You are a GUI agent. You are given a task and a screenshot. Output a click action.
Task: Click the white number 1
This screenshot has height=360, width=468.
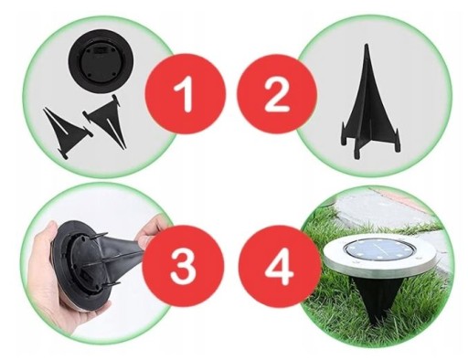coord(185,93)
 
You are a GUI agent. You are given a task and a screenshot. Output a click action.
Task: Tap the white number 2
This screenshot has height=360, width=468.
coord(277,93)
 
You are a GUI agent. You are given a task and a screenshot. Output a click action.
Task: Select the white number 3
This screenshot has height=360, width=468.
coord(183,265)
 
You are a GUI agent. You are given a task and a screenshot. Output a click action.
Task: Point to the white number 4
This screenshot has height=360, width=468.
coord(280,265)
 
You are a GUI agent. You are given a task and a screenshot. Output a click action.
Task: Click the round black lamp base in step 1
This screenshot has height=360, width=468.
coord(101,61)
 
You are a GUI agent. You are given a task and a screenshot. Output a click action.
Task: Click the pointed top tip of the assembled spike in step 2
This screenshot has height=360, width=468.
coord(367,45)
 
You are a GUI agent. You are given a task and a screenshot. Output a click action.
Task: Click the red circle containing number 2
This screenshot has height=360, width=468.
coord(277,94)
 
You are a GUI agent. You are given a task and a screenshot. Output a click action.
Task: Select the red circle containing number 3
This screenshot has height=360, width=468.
coord(183,265)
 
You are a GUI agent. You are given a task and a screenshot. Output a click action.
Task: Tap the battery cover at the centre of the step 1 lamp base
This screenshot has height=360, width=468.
coord(101,61)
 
